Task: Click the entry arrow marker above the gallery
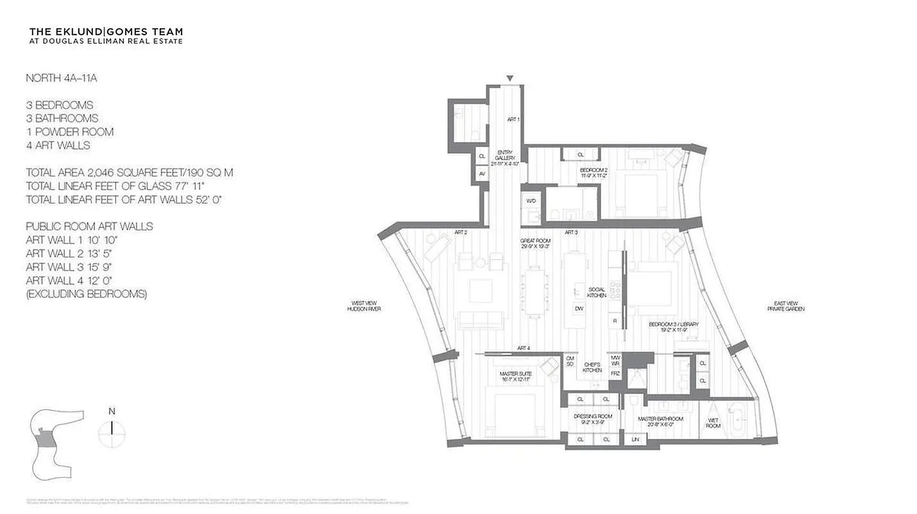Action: pyautogui.click(x=510, y=78)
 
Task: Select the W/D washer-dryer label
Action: pyautogui.click(x=531, y=201)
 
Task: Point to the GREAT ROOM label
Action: pyautogui.click(x=535, y=244)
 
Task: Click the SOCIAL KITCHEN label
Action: pyautogui.click(x=597, y=292)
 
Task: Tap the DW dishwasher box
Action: pyautogui.click(x=579, y=308)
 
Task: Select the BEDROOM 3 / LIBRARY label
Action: pyautogui.click(x=673, y=327)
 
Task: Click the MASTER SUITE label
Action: pyautogui.click(x=513, y=376)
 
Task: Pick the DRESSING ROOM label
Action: pyautogui.click(x=592, y=419)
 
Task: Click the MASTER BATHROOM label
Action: pyautogui.click(x=660, y=421)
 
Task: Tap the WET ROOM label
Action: pyautogui.click(x=713, y=422)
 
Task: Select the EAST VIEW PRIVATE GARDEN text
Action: pyautogui.click(x=785, y=306)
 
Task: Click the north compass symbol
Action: pyautogui.click(x=112, y=430)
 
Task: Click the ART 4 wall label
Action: pyautogui.click(x=524, y=348)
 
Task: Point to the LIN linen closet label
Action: pyautogui.click(x=635, y=439)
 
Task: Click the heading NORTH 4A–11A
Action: pyautogui.click(x=61, y=78)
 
